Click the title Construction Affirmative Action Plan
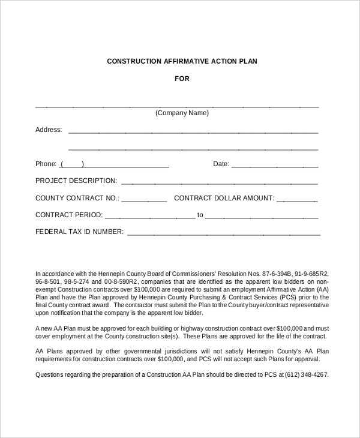click(x=182, y=61)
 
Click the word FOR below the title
click(x=182, y=79)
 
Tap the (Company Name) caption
click(x=182, y=113)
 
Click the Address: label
click(x=49, y=130)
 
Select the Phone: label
click(x=46, y=164)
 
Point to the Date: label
click(x=221, y=164)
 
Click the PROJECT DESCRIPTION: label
click(x=76, y=181)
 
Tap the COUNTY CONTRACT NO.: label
click(x=77, y=198)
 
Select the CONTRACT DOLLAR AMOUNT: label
click(x=224, y=198)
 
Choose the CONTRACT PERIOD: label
click(x=69, y=215)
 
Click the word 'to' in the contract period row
click(x=200, y=215)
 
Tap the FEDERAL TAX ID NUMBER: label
click(x=79, y=232)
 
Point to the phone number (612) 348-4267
click(x=308, y=374)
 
